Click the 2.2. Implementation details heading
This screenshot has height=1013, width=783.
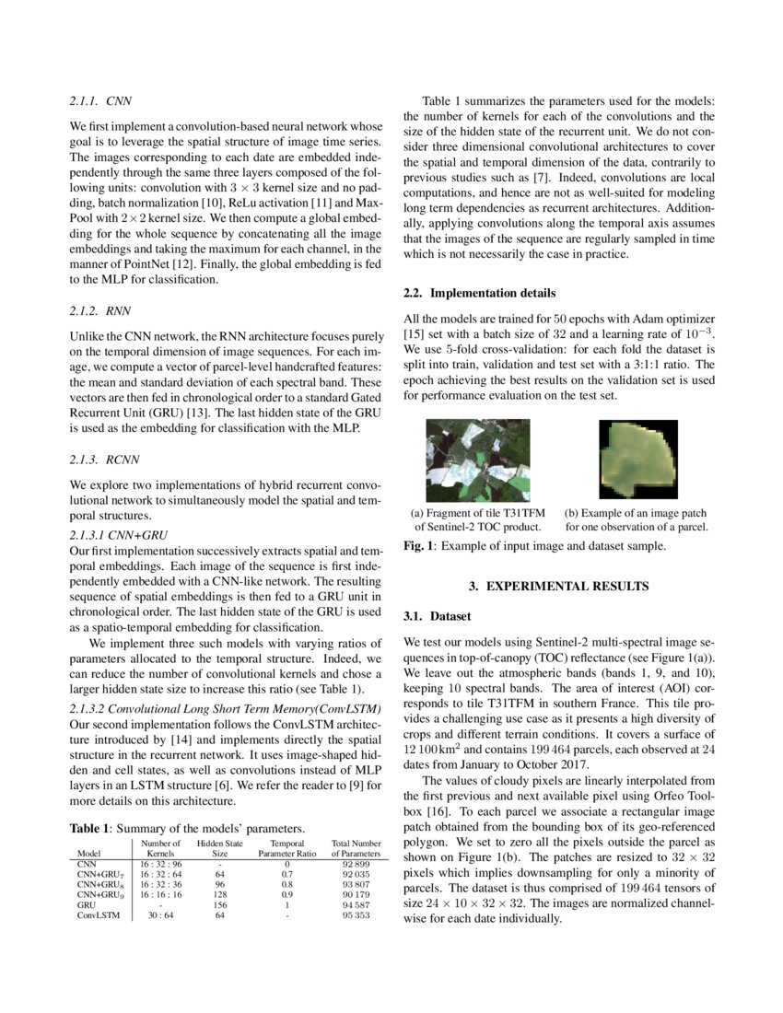coord(479,294)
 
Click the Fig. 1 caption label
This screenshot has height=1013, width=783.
coord(419,546)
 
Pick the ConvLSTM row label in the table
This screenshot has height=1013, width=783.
coord(98,916)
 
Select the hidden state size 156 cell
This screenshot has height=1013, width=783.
coord(220,904)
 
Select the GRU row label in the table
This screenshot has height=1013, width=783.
coord(87,904)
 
